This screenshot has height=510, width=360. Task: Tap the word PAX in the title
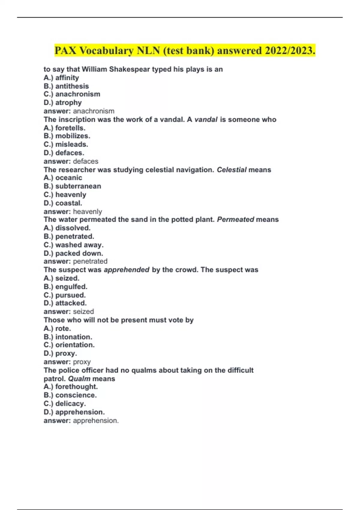coord(66,50)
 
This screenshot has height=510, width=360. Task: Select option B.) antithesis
coord(66,86)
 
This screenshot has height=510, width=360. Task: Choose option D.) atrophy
coord(63,103)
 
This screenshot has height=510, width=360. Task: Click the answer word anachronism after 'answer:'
coord(94,111)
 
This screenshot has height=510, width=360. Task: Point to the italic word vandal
coord(206,119)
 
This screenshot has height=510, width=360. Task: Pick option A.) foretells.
coord(64,128)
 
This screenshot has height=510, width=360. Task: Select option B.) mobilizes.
coord(67,136)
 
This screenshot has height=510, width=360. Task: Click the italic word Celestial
coord(232,170)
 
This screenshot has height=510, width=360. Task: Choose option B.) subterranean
coord(72,186)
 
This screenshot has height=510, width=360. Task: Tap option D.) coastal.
coord(63,203)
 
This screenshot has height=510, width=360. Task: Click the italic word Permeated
coord(235,220)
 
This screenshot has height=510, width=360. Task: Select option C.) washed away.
coord(73,245)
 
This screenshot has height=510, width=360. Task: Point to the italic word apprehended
coord(127,270)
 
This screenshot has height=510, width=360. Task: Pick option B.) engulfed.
coord(65,286)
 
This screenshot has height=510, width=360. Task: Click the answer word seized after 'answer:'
coord(83,311)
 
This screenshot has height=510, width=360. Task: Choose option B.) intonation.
coord(68,337)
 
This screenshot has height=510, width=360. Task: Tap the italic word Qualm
coord(79,379)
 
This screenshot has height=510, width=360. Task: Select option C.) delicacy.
coord(64,403)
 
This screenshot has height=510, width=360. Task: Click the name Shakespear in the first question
coord(129,69)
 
